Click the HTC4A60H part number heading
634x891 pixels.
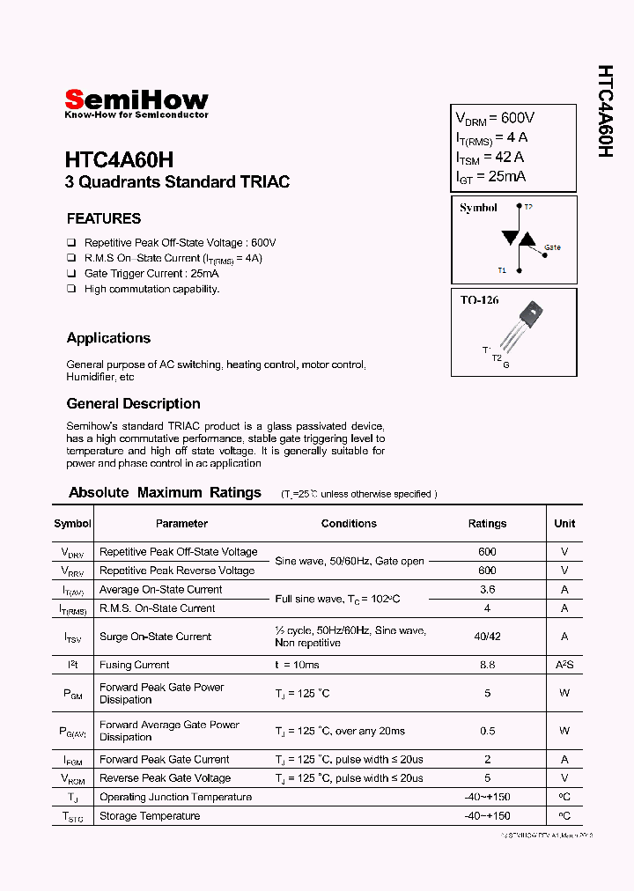coord(119,160)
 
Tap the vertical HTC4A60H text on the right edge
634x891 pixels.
coord(605,112)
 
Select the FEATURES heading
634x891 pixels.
coord(104,218)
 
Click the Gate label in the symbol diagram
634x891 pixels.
coord(552,247)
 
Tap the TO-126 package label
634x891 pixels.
coord(479,300)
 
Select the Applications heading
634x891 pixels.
coord(108,338)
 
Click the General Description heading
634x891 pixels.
coord(133,403)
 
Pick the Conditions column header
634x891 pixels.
coord(349,523)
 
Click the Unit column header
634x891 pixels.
coord(564,523)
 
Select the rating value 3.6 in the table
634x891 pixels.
coord(487,590)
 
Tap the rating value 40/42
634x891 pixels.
coord(487,637)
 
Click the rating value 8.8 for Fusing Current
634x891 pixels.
coord(487,665)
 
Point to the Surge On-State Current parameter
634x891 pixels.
coord(155,637)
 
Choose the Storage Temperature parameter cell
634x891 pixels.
coord(149,816)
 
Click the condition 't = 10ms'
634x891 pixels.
coord(297,665)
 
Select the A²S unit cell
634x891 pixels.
coord(564,665)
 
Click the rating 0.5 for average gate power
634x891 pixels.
coord(487,731)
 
